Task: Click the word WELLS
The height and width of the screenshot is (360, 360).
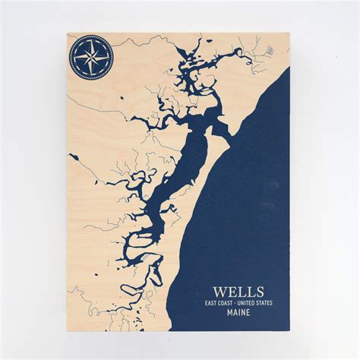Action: (x=238, y=292)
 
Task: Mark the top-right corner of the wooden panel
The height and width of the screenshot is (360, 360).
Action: (x=291, y=32)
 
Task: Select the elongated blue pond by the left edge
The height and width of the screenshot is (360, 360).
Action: (x=74, y=156)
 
